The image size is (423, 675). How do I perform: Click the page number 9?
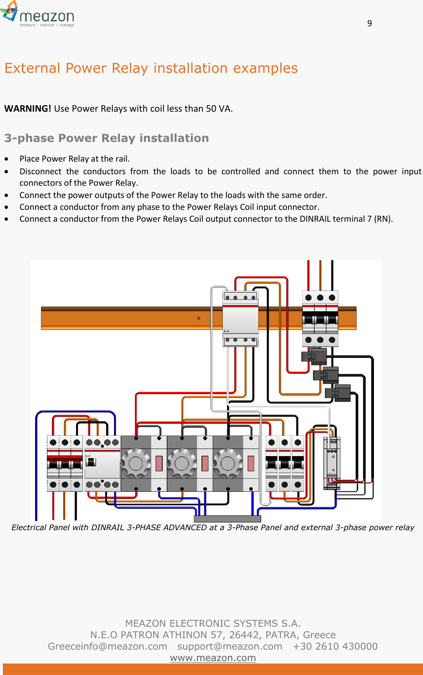point(369,23)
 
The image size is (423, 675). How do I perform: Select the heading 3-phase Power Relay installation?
point(107,138)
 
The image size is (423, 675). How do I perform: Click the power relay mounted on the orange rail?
point(240,319)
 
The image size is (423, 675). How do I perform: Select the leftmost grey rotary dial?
point(136,463)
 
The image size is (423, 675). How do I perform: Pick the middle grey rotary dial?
point(181,463)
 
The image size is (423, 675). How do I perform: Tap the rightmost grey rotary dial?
point(227,463)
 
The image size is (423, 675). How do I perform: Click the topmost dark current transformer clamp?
point(314,356)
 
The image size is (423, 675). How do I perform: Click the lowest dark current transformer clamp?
point(338,393)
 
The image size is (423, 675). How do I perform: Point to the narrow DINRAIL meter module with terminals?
point(332,463)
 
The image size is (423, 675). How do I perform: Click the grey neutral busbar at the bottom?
point(227,519)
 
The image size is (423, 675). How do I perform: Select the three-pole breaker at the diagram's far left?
point(65,463)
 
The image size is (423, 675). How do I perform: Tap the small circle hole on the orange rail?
point(199,318)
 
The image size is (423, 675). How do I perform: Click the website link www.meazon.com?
point(213,658)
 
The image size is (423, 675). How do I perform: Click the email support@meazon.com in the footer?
point(230,646)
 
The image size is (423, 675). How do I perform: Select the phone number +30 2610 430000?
point(335,646)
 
